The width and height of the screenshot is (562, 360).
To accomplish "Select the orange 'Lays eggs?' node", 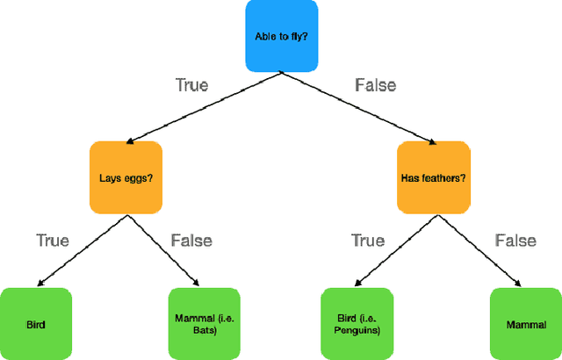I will click(x=125, y=177).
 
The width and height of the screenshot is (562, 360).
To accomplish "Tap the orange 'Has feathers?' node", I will click(x=433, y=177).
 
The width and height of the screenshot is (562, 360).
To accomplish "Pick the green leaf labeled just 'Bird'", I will click(x=35, y=324).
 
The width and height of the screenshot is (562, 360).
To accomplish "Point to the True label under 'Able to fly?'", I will click(x=191, y=85).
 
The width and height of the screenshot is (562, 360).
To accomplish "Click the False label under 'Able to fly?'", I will click(x=376, y=85).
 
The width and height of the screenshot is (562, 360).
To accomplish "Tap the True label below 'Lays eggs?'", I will click(x=52, y=240).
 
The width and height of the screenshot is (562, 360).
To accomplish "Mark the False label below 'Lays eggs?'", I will click(x=191, y=240).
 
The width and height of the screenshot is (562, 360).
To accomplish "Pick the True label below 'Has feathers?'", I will click(x=368, y=240).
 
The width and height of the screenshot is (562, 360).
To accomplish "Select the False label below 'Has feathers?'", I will click(x=515, y=240).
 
